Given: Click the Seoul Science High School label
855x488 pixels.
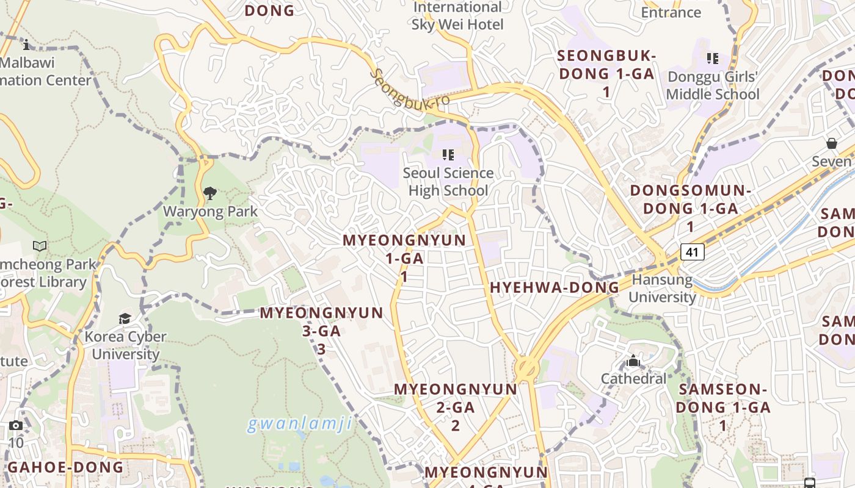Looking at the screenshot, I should coord(448,181).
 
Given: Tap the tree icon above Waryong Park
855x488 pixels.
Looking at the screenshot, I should coord(210,194).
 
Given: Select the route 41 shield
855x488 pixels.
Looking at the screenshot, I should coord(693,251).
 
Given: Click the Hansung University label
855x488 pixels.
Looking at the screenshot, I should coord(662,289).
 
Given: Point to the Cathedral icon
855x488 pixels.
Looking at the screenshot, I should coord(633,361).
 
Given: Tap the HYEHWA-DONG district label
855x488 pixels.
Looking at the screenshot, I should coord(555,288).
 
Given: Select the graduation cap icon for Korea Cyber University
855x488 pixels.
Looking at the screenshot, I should coord(125,318).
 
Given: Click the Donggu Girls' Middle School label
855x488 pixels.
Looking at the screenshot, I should coord(713,85).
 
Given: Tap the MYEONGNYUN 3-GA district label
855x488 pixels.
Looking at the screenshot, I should coord(321,330).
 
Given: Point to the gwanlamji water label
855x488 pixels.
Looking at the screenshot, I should coord(300,423).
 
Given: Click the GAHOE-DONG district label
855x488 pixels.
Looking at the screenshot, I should coord(66,467).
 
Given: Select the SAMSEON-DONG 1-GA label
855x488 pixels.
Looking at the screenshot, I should coord(723,407).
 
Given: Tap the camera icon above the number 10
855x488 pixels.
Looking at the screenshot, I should coord(16,425).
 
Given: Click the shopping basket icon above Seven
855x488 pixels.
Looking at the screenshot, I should coord(831,143).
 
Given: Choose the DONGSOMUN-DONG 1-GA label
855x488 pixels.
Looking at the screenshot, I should coord(690,208).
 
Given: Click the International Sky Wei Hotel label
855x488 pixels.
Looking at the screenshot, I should coord(457,16).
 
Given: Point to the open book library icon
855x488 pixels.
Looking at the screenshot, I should coord(40,246).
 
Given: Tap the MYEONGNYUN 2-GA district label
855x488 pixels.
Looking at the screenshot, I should coord(456,407).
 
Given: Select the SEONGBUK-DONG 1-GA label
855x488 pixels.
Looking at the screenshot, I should coord(606,73).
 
